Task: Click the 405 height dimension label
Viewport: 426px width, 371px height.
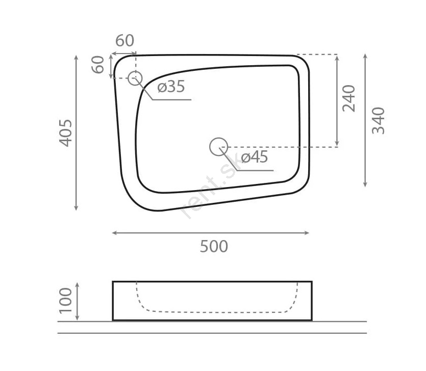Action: tap(66, 133)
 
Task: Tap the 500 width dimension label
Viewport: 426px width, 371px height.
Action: tap(214, 247)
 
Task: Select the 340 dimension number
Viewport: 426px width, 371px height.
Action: tap(378, 121)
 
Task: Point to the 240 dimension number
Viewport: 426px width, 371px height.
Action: tap(348, 98)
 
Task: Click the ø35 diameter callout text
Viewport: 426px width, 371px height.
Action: tap(171, 87)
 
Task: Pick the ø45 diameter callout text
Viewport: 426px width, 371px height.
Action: tap(254, 157)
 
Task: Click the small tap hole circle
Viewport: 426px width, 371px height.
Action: tap(135, 78)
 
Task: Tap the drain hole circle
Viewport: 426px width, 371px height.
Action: tap(219, 147)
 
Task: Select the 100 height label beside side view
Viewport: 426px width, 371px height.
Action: tap(66, 301)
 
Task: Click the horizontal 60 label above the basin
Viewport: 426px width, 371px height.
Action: tap(124, 41)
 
